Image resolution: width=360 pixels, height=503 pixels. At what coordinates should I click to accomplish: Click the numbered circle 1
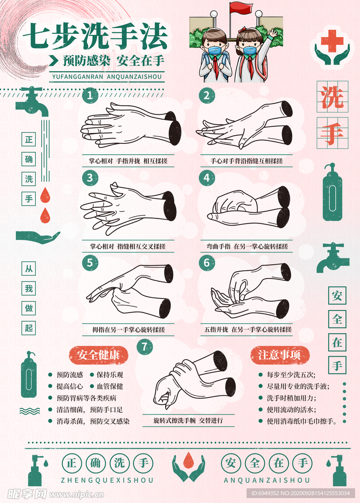pos(90,95)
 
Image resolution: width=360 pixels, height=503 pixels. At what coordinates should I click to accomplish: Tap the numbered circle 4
pos(207,178)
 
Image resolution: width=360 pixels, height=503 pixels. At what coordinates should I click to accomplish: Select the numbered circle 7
pos(144,347)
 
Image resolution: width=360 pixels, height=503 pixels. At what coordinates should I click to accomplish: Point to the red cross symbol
pos(332,41)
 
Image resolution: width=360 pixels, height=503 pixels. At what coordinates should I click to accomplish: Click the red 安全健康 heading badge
pos(99,355)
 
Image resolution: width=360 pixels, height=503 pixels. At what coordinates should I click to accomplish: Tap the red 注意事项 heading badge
pos(280,355)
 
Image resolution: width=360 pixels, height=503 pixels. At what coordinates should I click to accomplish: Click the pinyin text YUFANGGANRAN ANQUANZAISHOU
pos(107,77)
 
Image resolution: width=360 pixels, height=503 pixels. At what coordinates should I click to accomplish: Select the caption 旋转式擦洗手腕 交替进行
pos(188,420)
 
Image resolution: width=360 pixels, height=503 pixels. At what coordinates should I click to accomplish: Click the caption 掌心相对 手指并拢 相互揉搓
pos(128,161)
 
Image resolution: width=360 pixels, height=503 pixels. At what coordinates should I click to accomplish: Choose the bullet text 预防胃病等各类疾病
pos(86,398)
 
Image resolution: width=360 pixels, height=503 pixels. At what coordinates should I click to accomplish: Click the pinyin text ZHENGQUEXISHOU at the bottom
pos(107,480)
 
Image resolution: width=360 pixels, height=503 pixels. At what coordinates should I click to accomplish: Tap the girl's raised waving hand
pos(273,33)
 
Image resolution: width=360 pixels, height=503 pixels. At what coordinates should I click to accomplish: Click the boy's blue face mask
pos(216,50)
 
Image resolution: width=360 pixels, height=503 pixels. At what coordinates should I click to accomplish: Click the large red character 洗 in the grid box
pos(332,97)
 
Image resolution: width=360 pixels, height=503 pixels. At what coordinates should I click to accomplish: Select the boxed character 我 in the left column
pos(29,288)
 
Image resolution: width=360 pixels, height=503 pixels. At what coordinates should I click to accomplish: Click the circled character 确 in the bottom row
pos(95,463)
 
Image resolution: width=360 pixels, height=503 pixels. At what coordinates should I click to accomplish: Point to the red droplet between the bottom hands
pos(188,459)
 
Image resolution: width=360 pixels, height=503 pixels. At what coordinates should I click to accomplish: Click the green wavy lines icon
pos(30,411)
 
